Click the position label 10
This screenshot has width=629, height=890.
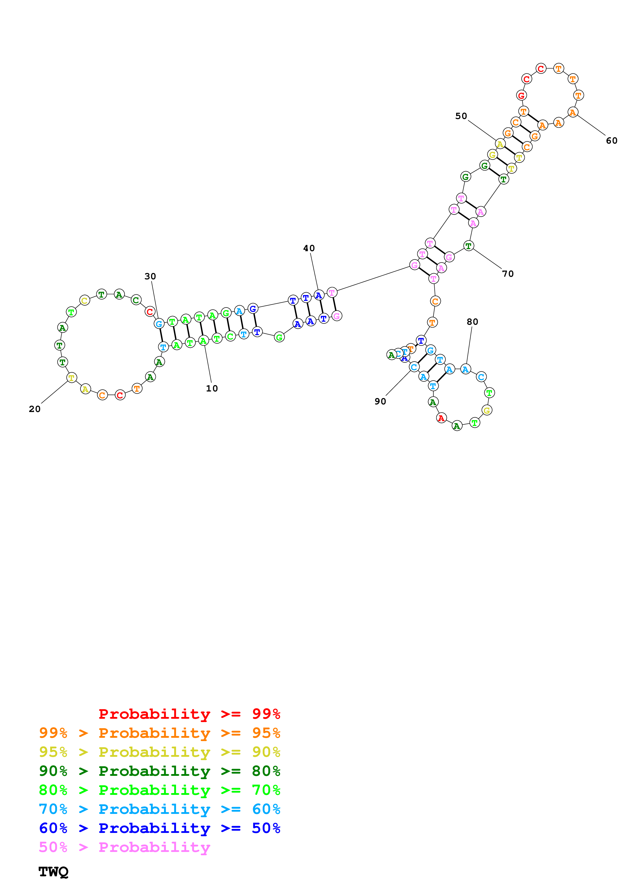(x=212, y=388)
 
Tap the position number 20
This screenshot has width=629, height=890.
(x=35, y=409)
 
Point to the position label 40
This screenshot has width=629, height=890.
(x=309, y=248)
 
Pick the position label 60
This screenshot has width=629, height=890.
(x=611, y=141)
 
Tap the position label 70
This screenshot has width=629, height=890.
(x=508, y=274)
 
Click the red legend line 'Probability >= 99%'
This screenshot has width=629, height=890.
(x=189, y=714)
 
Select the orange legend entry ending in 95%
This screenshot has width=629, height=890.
(x=159, y=733)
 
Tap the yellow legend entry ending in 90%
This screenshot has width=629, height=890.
(x=159, y=752)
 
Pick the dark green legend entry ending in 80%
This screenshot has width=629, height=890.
(x=159, y=771)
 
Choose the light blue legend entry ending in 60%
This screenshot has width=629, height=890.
(x=159, y=809)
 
